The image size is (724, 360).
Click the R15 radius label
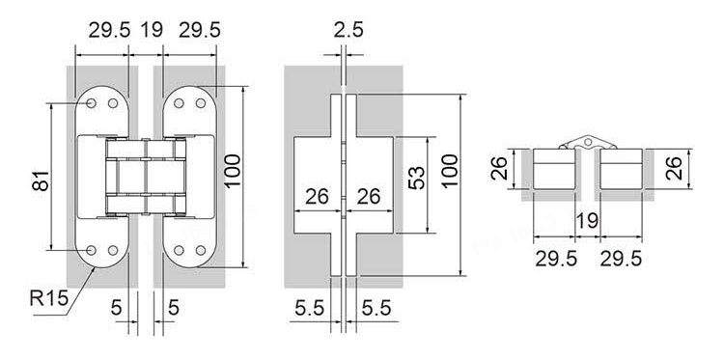pos(49,298)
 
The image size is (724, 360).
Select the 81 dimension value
pos(41,180)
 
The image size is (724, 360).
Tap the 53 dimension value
pos(416,178)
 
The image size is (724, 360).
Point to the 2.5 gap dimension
pos(348,31)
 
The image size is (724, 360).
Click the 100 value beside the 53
pos(450,171)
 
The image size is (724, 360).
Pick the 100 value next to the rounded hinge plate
pos(233,171)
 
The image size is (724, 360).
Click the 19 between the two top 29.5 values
pos(152,31)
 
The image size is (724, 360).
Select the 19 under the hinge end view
pos(587,221)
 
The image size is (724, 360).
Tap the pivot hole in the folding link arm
pos(587,142)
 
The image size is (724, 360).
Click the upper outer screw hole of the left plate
pos(92,103)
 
